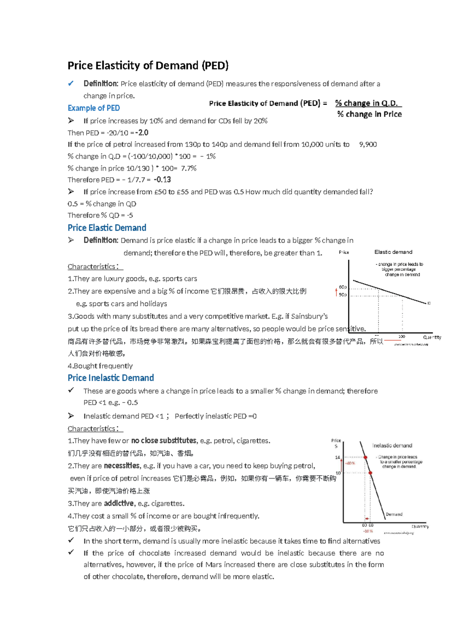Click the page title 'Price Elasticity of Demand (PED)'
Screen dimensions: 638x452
[x=148, y=65]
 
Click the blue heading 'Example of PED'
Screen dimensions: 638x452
[x=93, y=108]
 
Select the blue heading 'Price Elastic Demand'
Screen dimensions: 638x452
[x=107, y=228]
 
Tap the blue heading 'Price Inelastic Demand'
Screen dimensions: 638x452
[x=110, y=378]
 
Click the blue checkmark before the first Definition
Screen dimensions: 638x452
[x=71, y=84]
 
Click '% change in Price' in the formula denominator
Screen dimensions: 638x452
[x=369, y=114]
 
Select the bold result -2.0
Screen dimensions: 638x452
[x=142, y=132]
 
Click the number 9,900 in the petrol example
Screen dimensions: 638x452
[x=368, y=144]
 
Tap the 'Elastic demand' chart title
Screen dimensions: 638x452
[x=393, y=252]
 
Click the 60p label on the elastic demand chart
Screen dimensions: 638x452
[x=342, y=287]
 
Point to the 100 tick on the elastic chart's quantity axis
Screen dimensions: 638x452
[x=402, y=336]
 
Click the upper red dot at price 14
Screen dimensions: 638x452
[x=365, y=457]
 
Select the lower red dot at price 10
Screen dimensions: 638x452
[x=370, y=473]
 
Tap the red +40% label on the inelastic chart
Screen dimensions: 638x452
[x=350, y=463]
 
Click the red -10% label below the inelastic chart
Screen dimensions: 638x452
[x=368, y=531]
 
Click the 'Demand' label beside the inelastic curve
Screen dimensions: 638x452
[x=394, y=514]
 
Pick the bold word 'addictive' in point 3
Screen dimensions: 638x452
[x=119, y=503]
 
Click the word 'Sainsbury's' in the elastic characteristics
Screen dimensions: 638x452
[x=309, y=316]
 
